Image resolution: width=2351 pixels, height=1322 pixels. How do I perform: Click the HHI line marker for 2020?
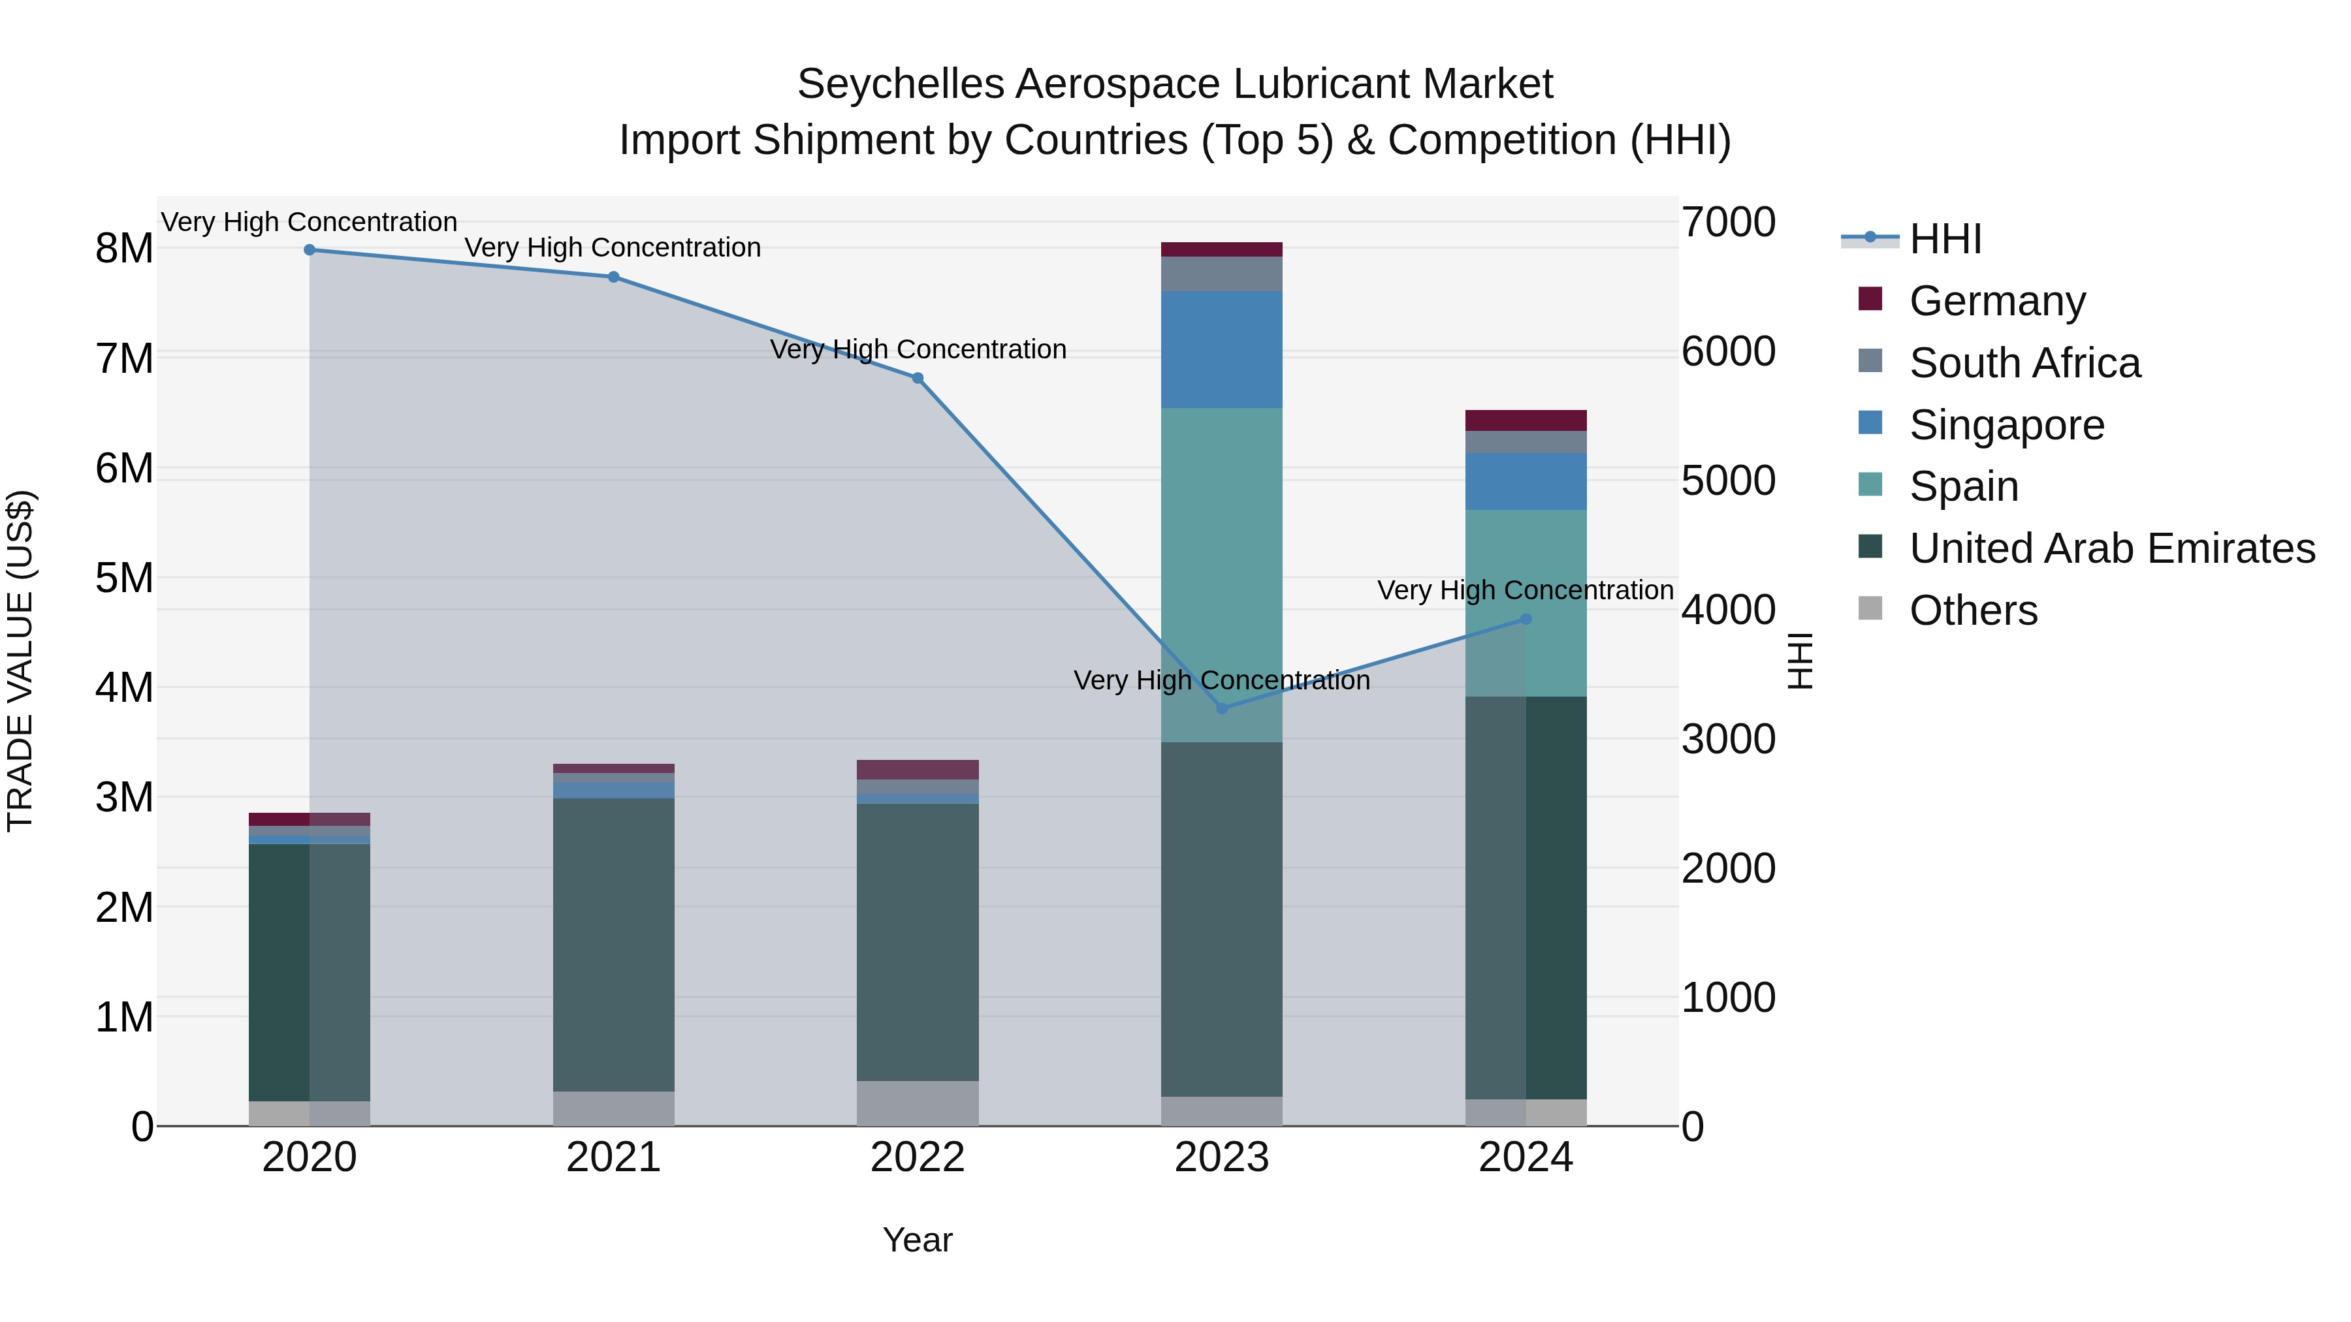click(310, 250)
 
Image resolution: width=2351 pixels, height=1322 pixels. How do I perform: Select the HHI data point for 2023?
click(1222, 708)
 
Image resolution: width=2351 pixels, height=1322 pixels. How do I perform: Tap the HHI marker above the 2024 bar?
click(1526, 620)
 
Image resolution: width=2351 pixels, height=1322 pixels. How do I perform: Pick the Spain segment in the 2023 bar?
click(1222, 574)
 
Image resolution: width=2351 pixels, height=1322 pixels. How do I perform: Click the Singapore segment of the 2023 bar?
click(1222, 349)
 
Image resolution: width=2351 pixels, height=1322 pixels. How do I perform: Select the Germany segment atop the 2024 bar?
click(1526, 420)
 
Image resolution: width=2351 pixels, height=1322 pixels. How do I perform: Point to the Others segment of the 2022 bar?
click(918, 1103)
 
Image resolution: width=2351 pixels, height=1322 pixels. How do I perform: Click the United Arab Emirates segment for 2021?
click(613, 944)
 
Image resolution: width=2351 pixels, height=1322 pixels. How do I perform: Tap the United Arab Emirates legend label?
click(2112, 548)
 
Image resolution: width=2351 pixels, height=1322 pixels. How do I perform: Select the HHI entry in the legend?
click(1944, 239)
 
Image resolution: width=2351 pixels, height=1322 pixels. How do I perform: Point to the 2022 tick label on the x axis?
click(918, 1157)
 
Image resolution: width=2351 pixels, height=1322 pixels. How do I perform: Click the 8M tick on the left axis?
click(125, 248)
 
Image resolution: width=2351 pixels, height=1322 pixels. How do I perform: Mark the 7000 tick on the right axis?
click(1727, 223)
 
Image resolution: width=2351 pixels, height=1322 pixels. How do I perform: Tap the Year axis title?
click(918, 1240)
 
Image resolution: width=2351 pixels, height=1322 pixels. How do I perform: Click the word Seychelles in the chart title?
click(900, 84)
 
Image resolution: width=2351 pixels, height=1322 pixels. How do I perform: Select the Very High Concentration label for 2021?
click(613, 247)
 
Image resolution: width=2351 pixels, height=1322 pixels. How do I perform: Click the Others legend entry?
click(1972, 610)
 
